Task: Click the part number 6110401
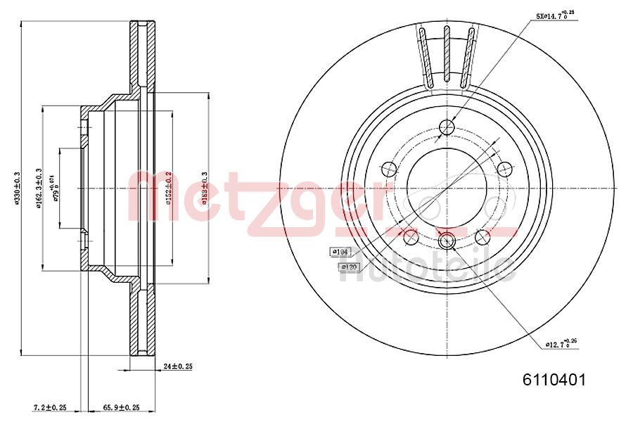[x=553, y=380]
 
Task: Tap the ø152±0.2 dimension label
[x=168, y=188]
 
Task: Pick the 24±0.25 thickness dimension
[x=177, y=366]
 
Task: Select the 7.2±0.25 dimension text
[x=50, y=407]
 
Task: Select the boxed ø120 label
[x=350, y=267]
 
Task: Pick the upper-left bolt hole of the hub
[x=389, y=169]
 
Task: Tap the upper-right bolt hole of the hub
[x=504, y=169]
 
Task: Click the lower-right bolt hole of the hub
[x=482, y=236]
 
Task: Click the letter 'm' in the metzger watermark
[x=151, y=201]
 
